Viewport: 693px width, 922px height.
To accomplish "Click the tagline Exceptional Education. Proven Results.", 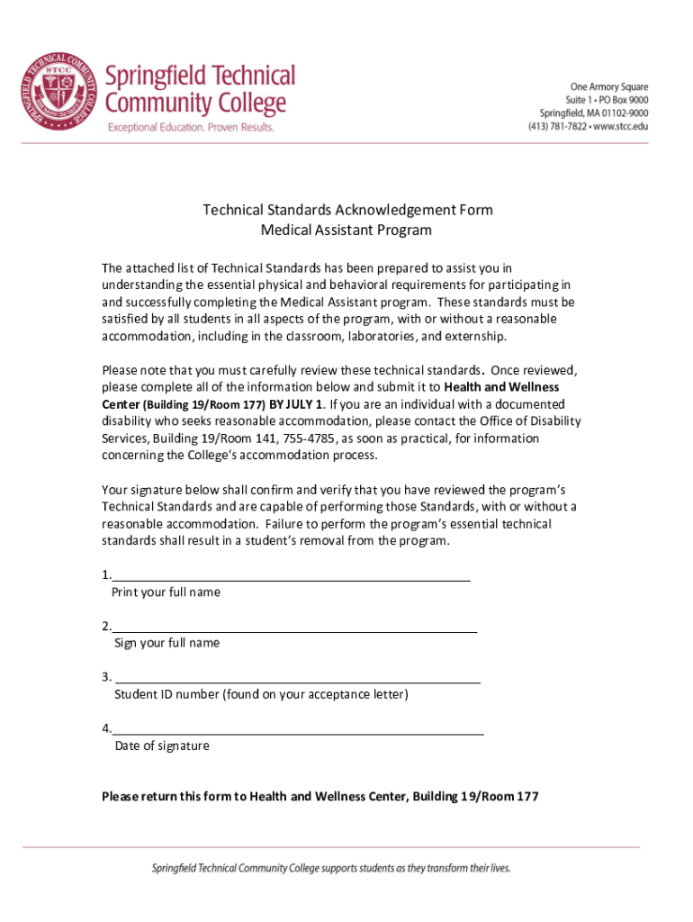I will (x=191, y=128).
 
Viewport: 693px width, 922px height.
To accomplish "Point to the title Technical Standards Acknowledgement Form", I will (x=347, y=210).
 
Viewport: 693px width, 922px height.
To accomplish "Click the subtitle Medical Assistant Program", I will (x=346, y=230).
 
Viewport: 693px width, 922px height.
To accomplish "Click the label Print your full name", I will (x=166, y=592).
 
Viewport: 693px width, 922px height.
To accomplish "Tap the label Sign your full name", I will (x=166, y=643).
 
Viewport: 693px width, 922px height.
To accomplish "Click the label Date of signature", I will (x=162, y=746).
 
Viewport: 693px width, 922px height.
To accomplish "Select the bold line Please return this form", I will (x=320, y=797).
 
